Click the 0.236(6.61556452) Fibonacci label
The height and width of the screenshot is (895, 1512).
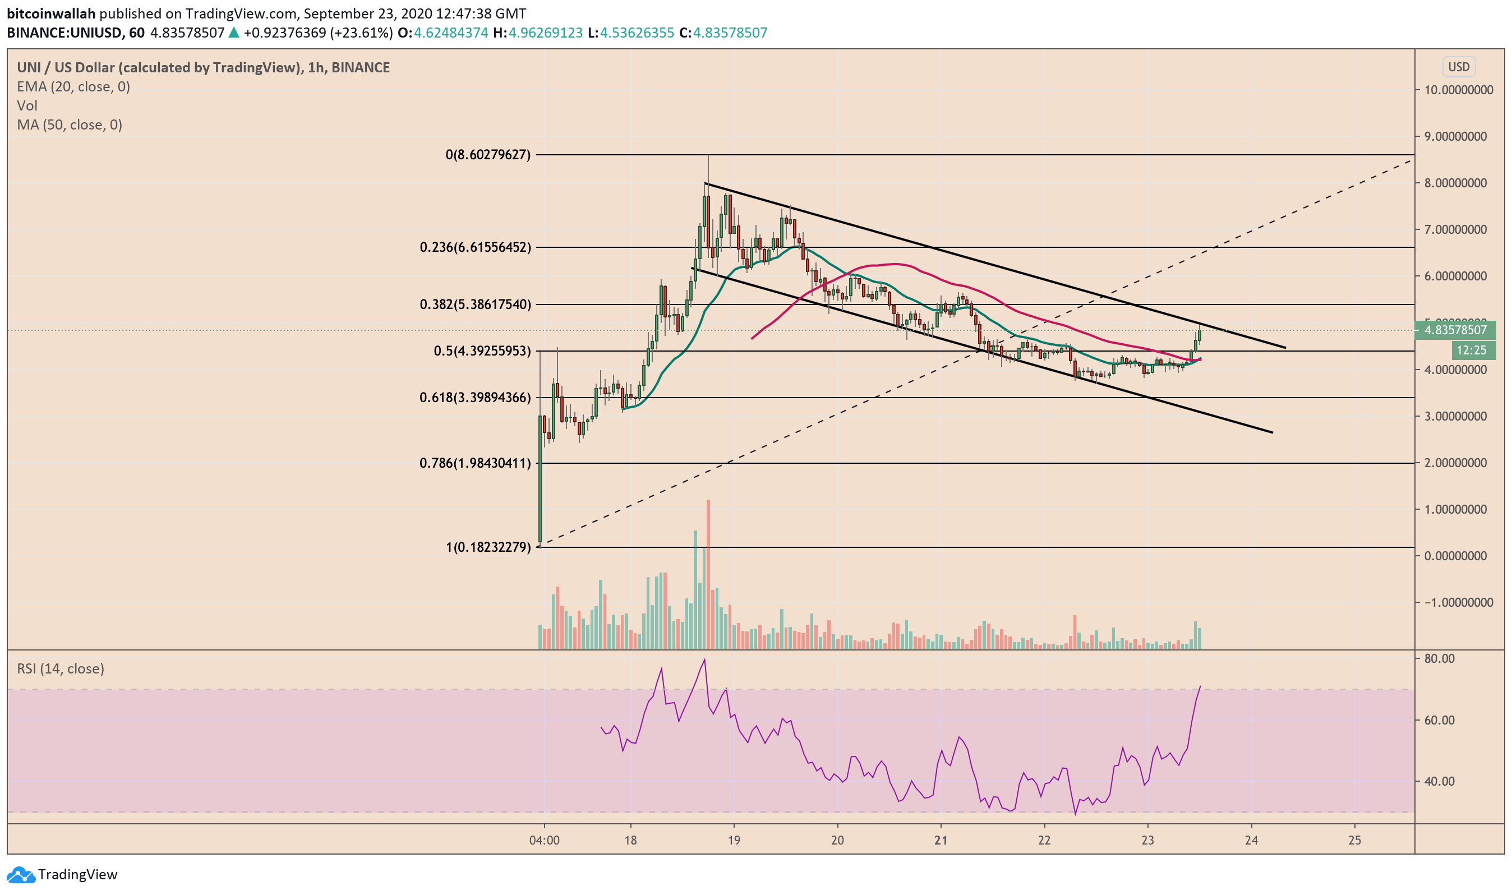pyautogui.click(x=475, y=247)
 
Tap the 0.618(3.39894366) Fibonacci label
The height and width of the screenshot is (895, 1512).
pyautogui.click(x=475, y=398)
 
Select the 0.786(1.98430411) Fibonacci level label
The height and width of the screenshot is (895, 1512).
pyautogui.click(x=475, y=463)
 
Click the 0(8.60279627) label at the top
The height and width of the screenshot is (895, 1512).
pyautogui.click(x=488, y=155)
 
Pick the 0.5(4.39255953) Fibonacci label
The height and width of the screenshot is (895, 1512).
pyautogui.click(x=482, y=351)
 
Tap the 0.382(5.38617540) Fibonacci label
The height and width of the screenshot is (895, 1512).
pyautogui.click(x=475, y=305)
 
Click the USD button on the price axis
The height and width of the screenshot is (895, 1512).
pyautogui.click(x=1458, y=67)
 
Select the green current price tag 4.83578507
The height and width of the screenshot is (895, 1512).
pyautogui.click(x=1455, y=330)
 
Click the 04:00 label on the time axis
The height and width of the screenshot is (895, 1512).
pyautogui.click(x=544, y=840)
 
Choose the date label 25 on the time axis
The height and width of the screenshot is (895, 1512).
pyautogui.click(x=1354, y=840)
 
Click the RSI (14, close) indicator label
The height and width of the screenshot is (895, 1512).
pyautogui.click(x=61, y=668)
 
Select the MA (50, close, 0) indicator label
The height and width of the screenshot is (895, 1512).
pyautogui.click(x=70, y=125)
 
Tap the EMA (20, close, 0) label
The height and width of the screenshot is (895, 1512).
pyautogui.click(x=73, y=87)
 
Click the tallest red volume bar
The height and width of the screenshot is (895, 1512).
pyautogui.click(x=708, y=573)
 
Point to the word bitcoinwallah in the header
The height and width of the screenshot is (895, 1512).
pyautogui.click(x=51, y=13)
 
